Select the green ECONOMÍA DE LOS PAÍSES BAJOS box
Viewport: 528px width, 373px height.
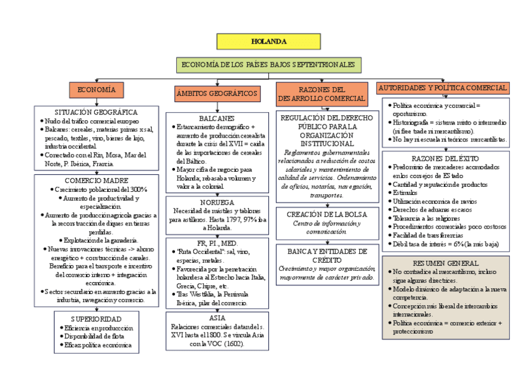268,65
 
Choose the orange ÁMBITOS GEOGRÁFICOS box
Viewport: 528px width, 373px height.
217,93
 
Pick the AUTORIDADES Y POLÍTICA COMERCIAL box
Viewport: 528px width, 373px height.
443,88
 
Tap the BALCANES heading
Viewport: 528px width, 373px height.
217,118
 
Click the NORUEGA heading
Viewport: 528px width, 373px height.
217,202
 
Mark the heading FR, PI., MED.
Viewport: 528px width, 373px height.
217,242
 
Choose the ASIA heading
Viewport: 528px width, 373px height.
217,318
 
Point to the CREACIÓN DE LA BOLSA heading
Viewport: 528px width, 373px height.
327,214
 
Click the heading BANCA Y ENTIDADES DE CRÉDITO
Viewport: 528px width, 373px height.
327,255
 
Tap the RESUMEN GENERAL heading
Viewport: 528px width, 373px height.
446,263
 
